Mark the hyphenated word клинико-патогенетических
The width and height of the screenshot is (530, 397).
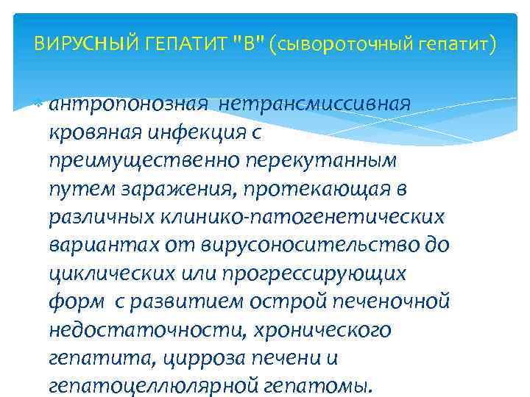[308, 217]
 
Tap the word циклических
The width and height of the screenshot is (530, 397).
[110, 273]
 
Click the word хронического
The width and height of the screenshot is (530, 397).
[324, 330]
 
